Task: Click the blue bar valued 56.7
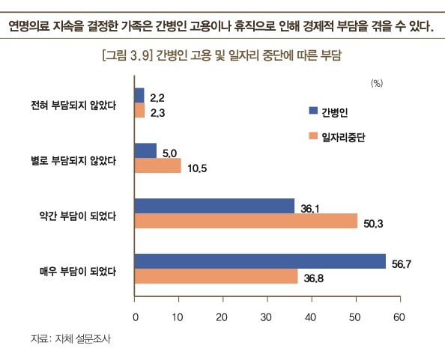point(259,261)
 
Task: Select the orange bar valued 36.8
point(216,277)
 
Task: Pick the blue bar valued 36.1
point(214,206)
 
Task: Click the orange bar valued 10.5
point(157,165)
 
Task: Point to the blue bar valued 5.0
point(145,150)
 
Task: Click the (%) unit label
point(378,84)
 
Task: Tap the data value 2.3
point(157,113)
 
